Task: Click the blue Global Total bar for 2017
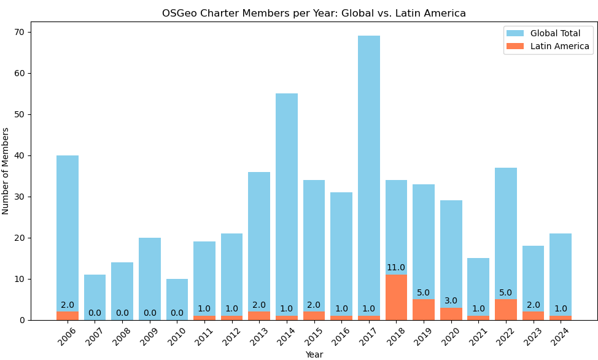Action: click(369, 172)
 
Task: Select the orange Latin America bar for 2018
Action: click(396, 297)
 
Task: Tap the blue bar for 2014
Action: click(287, 203)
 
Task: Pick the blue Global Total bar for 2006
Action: click(68, 233)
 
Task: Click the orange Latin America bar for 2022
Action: click(506, 310)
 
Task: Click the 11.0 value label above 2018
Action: click(396, 268)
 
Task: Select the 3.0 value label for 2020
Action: click(451, 301)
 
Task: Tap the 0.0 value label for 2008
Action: click(122, 313)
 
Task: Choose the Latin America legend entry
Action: click(559, 46)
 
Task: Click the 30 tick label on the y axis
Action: click(23, 197)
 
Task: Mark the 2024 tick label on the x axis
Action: click(559, 336)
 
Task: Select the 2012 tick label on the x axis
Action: click(230, 336)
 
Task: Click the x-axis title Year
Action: click(314, 354)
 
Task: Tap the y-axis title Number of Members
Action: click(6, 171)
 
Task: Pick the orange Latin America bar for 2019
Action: click(424, 310)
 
